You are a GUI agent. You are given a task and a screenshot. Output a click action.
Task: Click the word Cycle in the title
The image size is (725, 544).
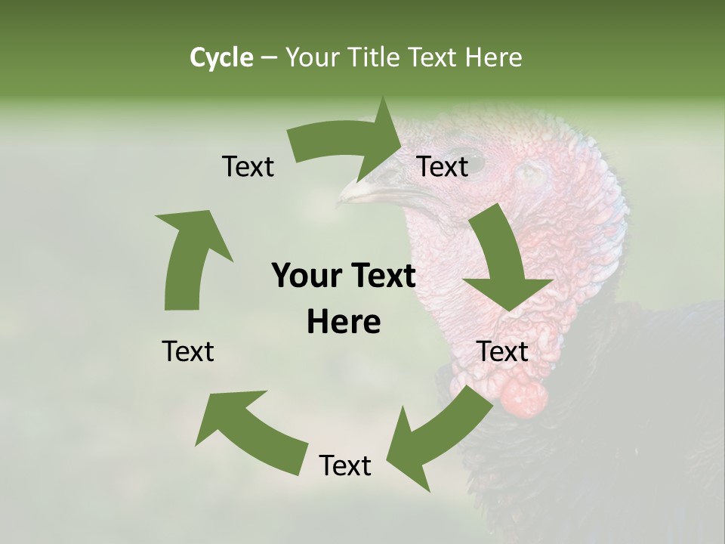[x=221, y=57]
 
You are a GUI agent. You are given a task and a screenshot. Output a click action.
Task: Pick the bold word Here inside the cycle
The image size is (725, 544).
[x=344, y=323]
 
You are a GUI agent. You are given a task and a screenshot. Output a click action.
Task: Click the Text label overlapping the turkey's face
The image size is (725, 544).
[x=443, y=166]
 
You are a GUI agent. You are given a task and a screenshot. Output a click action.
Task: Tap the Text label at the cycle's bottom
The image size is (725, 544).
[x=345, y=465]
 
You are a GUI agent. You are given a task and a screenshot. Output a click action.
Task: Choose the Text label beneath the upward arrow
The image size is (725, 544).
[x=188, y=351]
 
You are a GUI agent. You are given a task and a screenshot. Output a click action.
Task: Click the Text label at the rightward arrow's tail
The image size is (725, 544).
[x=248, y=166]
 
